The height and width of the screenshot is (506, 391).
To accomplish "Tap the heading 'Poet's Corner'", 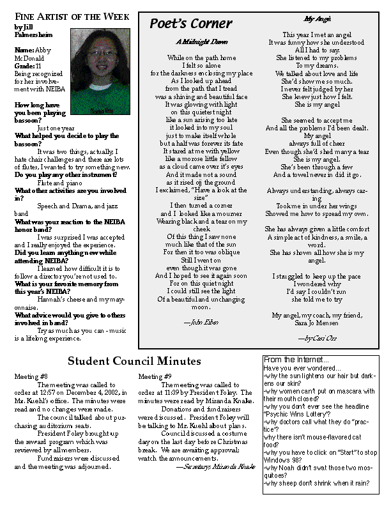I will coord(181,24).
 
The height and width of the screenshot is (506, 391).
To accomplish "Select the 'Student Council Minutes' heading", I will coord(135,362).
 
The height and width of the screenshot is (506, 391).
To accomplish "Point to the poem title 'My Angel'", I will coord(313,20).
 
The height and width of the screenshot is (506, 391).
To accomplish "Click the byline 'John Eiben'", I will coord(201,323).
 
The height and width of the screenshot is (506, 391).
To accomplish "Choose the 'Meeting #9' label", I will coord(155,377).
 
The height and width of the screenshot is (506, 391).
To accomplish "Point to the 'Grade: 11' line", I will coord(29,65).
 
